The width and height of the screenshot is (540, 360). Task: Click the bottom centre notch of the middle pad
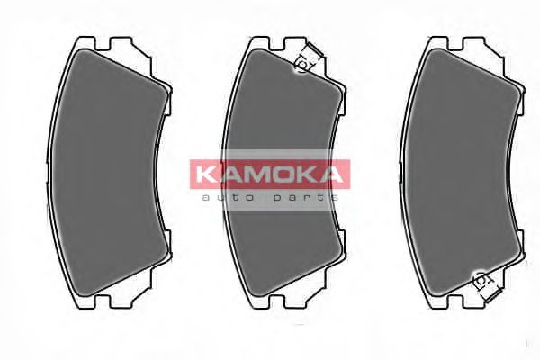click(x=281, y=303)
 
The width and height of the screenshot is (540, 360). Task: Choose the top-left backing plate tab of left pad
click(x=82, y=43)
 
